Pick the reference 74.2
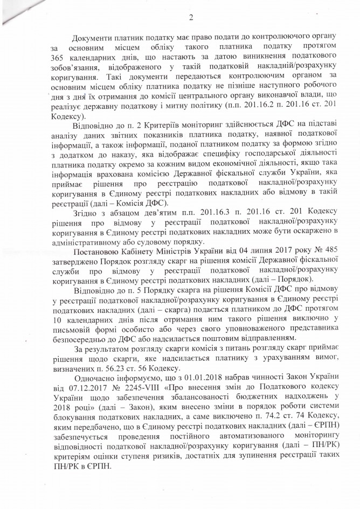pyautogui.click(x=261, y=422)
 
